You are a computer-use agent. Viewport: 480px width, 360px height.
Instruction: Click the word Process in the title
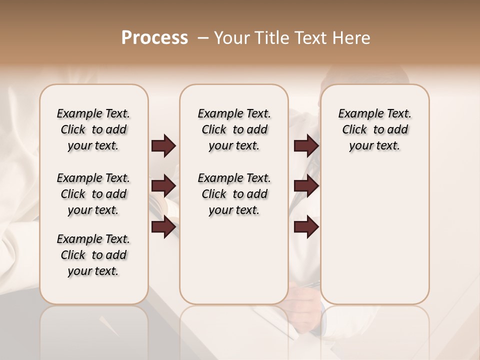tap(154, 38)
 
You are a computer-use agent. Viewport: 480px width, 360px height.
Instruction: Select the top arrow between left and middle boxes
tap(163, 146)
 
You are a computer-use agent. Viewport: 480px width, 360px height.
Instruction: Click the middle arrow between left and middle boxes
tap(163, 186)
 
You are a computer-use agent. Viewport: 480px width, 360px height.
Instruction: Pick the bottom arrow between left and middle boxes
tap(163, 227)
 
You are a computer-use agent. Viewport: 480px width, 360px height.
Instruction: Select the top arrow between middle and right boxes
tap(306, 146)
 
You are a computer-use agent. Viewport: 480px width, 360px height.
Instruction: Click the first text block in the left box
tap(93, 129)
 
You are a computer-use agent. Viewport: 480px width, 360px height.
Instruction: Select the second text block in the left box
tap(93, 194)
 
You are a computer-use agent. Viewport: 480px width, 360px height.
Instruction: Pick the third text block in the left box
tap(93, 255)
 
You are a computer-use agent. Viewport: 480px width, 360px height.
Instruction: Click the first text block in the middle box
tap(234, 129)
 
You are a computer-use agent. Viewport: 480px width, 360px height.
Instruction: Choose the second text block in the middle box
tap(234, 194)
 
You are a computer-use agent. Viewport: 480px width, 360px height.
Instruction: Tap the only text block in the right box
tap(374, 129)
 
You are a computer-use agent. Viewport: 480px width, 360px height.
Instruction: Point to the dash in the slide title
tap(203, 38)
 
